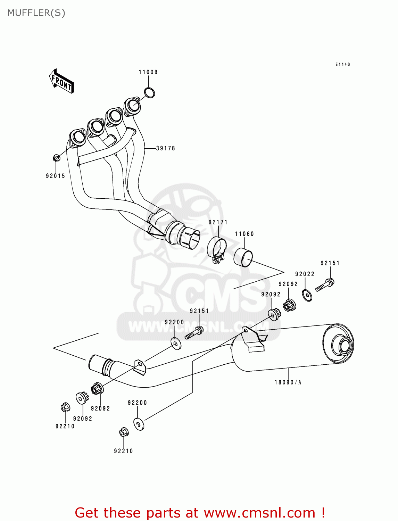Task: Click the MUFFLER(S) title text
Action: (36, 13)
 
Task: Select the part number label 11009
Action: (148, 72)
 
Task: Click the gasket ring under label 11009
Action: (149, 93)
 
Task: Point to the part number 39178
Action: (166, 148)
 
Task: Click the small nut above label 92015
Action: (57, 158)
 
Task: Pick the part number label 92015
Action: (56, 176)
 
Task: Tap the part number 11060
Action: (244, 234)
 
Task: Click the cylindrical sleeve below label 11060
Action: (243, 257)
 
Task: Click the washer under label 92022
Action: (307, 295)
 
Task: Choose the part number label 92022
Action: (305, 274)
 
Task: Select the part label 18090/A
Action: (288, 382)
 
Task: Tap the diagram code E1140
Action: (342, 65)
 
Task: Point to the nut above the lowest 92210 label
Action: (124, 432)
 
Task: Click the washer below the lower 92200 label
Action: (139, 424)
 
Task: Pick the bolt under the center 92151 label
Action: (194, 332)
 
